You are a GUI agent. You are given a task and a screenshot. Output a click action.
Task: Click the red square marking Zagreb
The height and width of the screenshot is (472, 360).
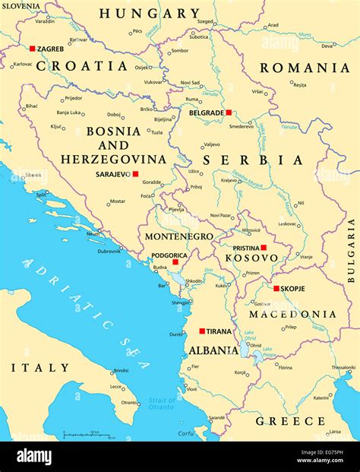pyautogui.click(x=33, y=49)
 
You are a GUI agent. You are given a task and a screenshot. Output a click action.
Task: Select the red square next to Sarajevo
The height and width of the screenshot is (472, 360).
pyautogui.click(x=135, y=174)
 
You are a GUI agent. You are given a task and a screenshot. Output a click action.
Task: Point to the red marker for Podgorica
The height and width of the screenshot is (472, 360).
pyautogui.click(x=175, y=262)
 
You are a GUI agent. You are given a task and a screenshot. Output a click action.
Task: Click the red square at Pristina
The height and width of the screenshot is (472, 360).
pyautogui.click(x=264, y=248)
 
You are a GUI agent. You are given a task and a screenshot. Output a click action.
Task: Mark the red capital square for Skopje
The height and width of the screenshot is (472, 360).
pyautogui.click(x=276, y=288)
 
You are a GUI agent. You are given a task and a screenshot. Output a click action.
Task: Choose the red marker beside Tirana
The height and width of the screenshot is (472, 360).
pyautogui.click(x=201, y=331)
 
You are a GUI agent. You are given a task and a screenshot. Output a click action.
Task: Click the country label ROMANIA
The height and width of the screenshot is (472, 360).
pyautogui.click(x=305, y=68)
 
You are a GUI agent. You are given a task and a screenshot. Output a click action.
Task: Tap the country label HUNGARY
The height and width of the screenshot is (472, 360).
pyautogui.click(x=150, y=13)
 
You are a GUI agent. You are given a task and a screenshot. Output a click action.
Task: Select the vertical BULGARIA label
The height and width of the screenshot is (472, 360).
pyautogui.click(x=351, y=250)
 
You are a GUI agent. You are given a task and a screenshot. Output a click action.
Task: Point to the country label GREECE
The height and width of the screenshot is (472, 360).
pyautogui.click(x=290, y=420)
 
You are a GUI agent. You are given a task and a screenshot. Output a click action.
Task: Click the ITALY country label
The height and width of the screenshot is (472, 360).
pyautogui.click(x=39, y=367)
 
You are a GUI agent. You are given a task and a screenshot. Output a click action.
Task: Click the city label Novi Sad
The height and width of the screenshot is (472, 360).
pyautogui.click(x=191, y=82)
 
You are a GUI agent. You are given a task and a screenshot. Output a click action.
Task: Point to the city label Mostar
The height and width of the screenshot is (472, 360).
pyautogui.click(x=117, y=201)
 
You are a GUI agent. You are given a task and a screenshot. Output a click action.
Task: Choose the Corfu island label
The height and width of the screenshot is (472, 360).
pyautogui.click(x=185, y=432)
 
